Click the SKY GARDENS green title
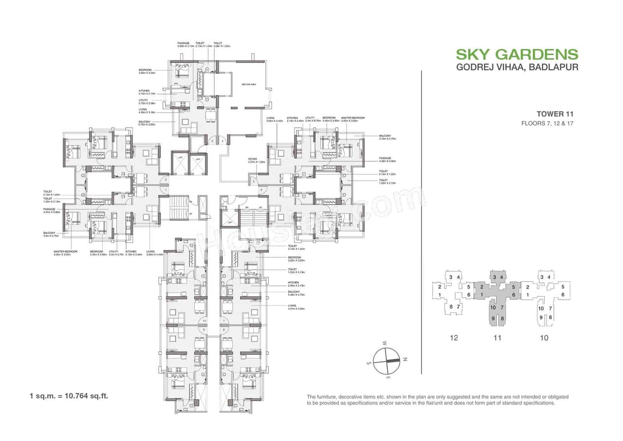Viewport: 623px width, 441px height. (517, 54)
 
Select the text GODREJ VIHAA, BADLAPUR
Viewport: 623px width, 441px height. (517, 67)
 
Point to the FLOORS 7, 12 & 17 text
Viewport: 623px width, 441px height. (547, 123)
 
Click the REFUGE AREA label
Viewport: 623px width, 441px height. (249, 85)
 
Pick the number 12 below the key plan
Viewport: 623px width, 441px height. (454, 338)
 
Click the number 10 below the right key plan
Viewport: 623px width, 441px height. (544, 338)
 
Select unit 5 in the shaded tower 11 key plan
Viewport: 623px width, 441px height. (513, 287)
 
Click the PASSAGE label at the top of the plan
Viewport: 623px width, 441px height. (183, 45)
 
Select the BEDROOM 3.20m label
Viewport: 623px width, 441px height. (295, 259)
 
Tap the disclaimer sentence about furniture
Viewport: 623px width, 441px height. (437, 400)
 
